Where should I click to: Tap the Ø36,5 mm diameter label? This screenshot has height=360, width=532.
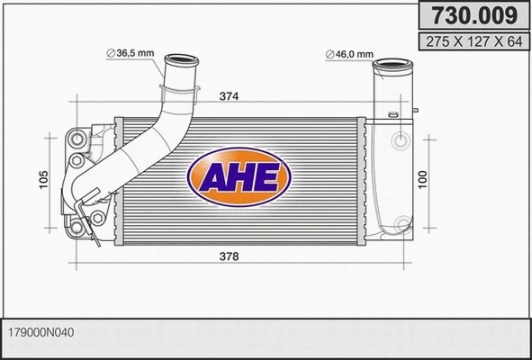coord(131,54)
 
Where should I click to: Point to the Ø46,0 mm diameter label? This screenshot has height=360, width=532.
coord(349,54)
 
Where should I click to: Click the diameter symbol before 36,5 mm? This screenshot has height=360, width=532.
coord(111,54)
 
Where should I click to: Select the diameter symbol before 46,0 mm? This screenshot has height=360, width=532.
coord(329,54)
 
